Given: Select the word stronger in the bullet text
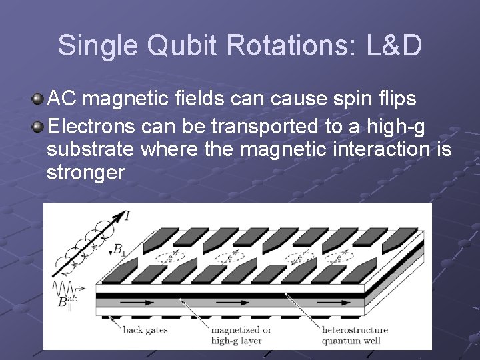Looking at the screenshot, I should (86, 173).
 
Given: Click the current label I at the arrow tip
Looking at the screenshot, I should (127, 215).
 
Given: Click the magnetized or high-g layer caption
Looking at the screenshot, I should (241, 334).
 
